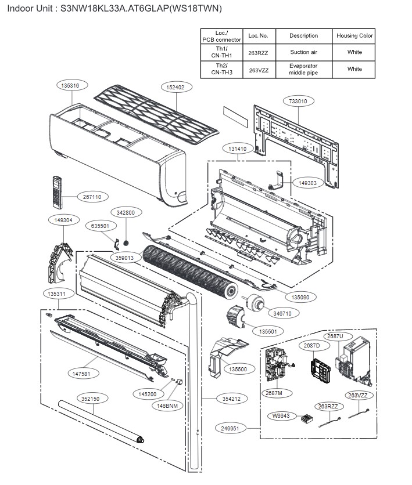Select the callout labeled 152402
pos(175,87)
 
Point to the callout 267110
pos(92,197)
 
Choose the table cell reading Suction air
pos(304,52)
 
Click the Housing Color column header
pos(354,36)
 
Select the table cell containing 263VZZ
pos(258,69)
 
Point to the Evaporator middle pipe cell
pos(304,69)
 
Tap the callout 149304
pos(63,220)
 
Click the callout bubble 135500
pos(237,369)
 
